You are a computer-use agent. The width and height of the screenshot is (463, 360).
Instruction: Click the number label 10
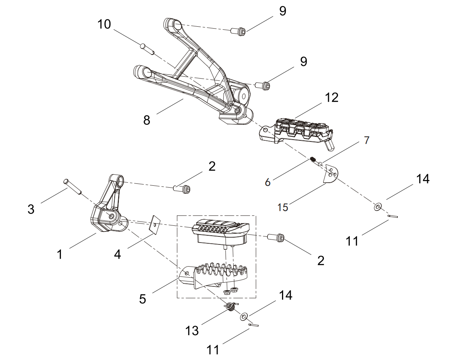pyautogui.click(x=104, y=24)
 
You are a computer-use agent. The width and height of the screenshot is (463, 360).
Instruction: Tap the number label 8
pyautogui.click(x=147, y=120)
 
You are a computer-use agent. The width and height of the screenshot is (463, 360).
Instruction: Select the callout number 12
pyautogui.click(x=332, y=98)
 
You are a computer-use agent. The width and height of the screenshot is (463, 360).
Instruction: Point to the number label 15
pyautogui.click(x=282, y=207)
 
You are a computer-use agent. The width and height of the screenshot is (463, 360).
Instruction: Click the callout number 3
pyautogui.click(x=31, y=209)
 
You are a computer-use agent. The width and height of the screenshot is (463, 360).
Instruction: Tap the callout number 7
pyautogui.click(x=366, y=140)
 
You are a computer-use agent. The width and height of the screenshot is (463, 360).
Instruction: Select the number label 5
pyautogui.click(x=142, y=299)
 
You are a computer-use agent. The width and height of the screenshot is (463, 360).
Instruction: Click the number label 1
pyautogui.click(x=59, y=254)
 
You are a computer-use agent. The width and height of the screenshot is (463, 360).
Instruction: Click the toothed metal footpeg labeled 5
pyautogui.click(x=213, y=275)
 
